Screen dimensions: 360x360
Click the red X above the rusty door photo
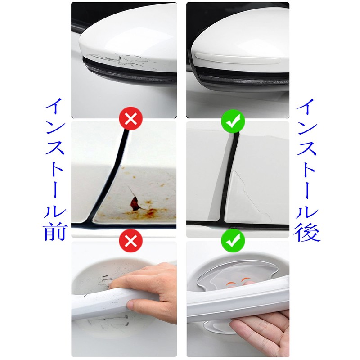point(130,120)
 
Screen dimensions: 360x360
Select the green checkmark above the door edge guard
point(232,120)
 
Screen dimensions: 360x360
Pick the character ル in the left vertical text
point(55,206)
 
